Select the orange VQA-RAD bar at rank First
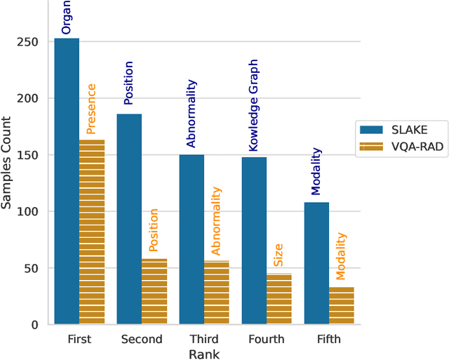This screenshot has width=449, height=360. pyautogui.click(x=92, y=232)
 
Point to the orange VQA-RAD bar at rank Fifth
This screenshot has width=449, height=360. pyautogui.click(x=342, y=305)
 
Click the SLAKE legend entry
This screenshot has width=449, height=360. pyautogui.click(x=392, y=129)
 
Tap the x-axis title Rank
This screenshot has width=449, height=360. pyautogui.click(x=203, y=354)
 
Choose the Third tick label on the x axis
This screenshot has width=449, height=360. pyautogui.click(x=203, y=339)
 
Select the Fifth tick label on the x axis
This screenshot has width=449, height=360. pyautogui.click(x=328, y=339)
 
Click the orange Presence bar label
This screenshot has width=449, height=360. pyautogui.click(x=92, y=109)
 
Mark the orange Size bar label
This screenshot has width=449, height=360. pyautogui.click(x=279, y=257)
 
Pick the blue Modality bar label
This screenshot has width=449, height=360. pyautogui.click(x=316, y=171)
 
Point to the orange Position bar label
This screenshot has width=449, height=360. pyautogui.click(x=154, y=229)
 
